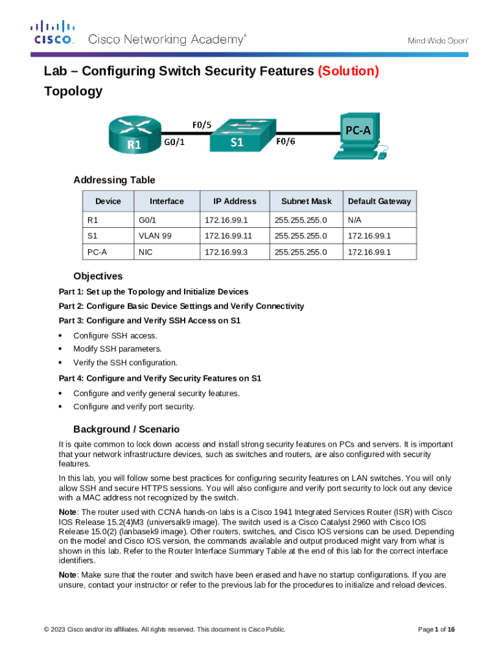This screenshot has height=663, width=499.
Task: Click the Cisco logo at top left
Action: (53, 32)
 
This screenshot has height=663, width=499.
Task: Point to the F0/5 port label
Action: (201, 124)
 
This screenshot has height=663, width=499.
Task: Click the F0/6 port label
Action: (286, 142)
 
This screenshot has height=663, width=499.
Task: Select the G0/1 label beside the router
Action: (173, 144)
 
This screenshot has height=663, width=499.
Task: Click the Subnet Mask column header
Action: (301, 201)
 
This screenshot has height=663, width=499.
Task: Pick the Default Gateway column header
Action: (379, 201)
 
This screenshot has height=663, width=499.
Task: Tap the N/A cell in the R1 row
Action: (354, 220)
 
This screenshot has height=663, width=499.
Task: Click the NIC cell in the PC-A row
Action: (146, 251)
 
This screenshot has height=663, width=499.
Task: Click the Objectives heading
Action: (98, 276)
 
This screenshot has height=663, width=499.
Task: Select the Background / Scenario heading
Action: (126, 429)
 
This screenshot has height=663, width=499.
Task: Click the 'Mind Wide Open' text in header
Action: (437, 40)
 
